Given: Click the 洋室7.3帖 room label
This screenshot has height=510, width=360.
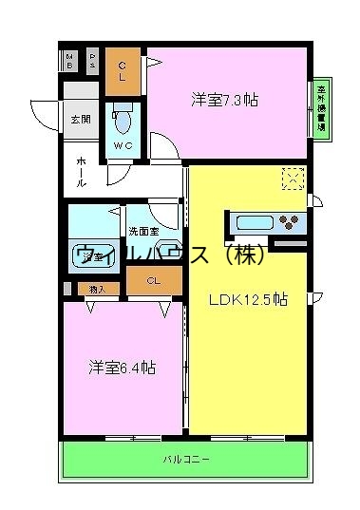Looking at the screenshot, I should coord(225,99).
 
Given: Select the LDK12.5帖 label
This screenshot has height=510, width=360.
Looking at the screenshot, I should coord(249,300).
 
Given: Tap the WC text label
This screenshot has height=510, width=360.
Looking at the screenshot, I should coord(123,146).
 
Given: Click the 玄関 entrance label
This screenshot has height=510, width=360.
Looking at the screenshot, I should coord(80,120).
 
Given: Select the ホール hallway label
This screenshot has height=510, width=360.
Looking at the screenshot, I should coord(83,171).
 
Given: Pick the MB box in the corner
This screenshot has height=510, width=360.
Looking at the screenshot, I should coord(71,61).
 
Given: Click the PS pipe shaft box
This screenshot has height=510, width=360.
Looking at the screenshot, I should coord(92,61).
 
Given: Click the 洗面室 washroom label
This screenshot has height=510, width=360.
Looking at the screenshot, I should coord(143,231).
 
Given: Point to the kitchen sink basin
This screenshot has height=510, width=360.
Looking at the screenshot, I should coord(253,223).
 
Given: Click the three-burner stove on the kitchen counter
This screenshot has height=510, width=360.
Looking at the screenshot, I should coord(289,224).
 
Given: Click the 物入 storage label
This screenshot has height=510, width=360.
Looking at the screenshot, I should coord(95,288).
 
